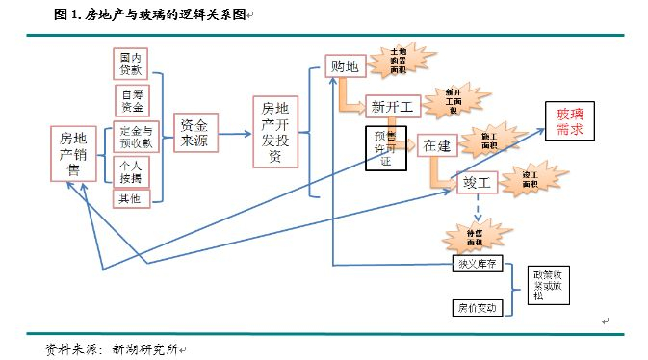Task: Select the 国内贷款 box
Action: pyautogui.click(x=130, y=64)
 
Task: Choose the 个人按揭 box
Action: pyautogui.click(x=131, y=169)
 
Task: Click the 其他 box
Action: pyautogui.click(x=130, y=199)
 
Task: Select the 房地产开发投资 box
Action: pyautogui.click(x=275, y=131)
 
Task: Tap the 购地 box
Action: pyautogui.click(x=343, y=66)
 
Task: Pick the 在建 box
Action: pyautogui.click(x=436, y=145)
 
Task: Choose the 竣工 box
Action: pyautogui.click(x=476, y=181)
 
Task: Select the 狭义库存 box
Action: pyautogui.click(x=477, y=263)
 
